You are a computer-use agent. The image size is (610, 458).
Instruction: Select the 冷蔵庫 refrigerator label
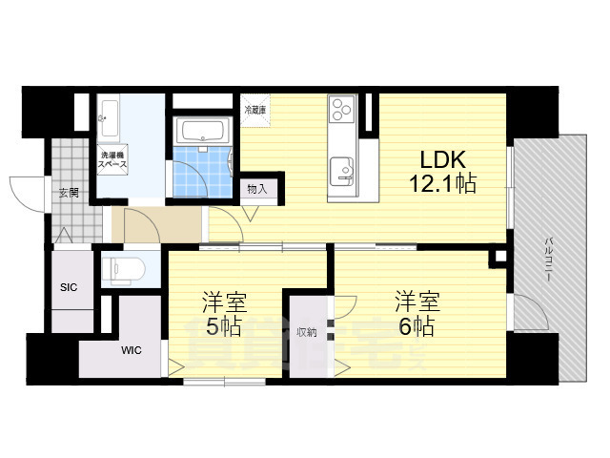point(254,111)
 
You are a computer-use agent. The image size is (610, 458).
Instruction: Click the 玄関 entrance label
point(69,193)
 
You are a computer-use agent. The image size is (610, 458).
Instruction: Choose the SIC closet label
point(69,287)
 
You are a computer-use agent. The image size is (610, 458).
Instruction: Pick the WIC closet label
point(131,350)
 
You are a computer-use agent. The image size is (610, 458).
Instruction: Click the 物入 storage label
point(256,189)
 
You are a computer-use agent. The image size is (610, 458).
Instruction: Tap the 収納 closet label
point(305,332)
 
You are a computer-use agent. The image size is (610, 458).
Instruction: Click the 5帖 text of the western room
point(223,327)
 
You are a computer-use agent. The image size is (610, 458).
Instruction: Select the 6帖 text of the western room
point(417,326)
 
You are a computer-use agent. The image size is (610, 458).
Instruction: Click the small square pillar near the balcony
point(497,257)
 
